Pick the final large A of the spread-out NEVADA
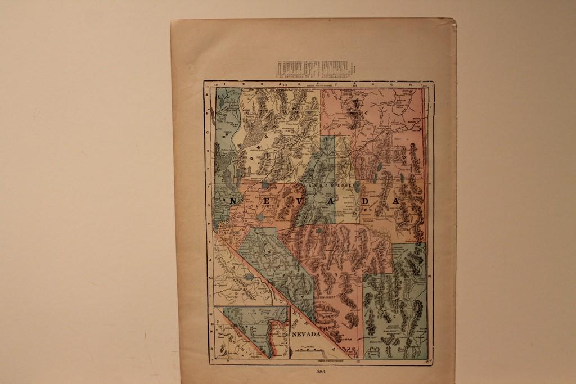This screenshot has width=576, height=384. (x=396, y=201)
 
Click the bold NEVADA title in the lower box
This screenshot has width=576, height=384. (x=306, y=334)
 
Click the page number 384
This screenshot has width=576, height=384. (x=321, y=371)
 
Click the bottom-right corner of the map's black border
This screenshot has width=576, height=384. (x=433, y=364)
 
